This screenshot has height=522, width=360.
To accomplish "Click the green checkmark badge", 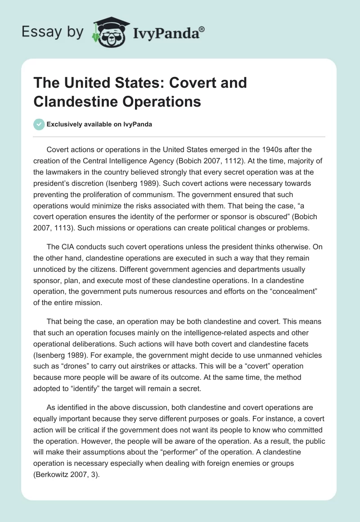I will click(x=39, y=124).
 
